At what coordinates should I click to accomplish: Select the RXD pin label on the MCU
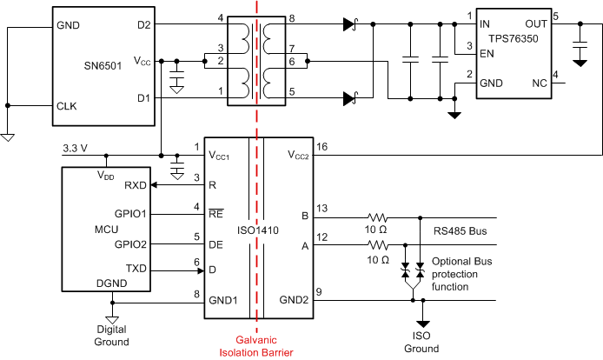click(x=136, y=185)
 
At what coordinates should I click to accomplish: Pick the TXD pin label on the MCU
click(x=136, y=269)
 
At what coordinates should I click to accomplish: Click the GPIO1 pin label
click(x=130, y=213)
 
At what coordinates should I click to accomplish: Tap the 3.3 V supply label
click(x=75, y=149)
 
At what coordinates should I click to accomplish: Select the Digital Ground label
click(x=112, y=336)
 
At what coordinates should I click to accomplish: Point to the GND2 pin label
click(x=293, y=299)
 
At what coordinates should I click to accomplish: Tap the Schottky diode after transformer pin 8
click(x=349, y=25)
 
